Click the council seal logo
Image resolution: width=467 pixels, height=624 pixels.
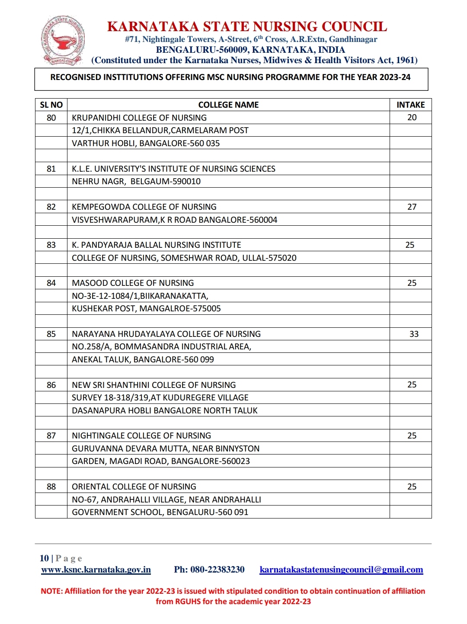click(63, 41)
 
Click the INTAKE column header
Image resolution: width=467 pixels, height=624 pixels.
click(410, 105)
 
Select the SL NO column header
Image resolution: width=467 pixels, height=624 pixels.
click(51, 105)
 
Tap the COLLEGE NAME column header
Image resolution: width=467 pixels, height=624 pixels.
click(228, 105)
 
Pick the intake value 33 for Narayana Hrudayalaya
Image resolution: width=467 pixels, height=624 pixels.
click(414, 334)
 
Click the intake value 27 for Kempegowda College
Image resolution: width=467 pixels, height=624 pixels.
click(412, 207)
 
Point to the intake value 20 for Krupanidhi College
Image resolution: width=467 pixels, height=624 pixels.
click(412, 118)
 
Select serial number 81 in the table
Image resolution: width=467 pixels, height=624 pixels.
click(51, 169)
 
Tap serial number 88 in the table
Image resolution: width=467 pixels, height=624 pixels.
click(51, 486)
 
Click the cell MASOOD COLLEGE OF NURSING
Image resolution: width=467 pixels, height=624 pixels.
click(133, 283)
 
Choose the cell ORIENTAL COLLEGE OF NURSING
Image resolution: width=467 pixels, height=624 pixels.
click(134, 486)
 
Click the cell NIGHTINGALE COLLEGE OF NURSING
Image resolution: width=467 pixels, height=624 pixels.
click(141, 435)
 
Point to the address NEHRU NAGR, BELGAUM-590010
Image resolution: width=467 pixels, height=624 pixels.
click(136, 181)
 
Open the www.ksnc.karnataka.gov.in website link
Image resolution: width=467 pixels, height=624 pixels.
click(96, 570)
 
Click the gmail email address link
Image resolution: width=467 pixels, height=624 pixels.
click(341, 570)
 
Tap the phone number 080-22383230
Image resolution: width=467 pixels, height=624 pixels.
click(217, 570)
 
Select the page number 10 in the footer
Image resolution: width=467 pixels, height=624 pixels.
click(44, 558)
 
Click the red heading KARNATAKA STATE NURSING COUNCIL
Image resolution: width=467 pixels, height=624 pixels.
click(247, 27)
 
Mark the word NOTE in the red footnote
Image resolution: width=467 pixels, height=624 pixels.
click(51, 591)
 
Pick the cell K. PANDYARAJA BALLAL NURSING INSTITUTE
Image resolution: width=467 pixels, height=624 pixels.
click(157, 245)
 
